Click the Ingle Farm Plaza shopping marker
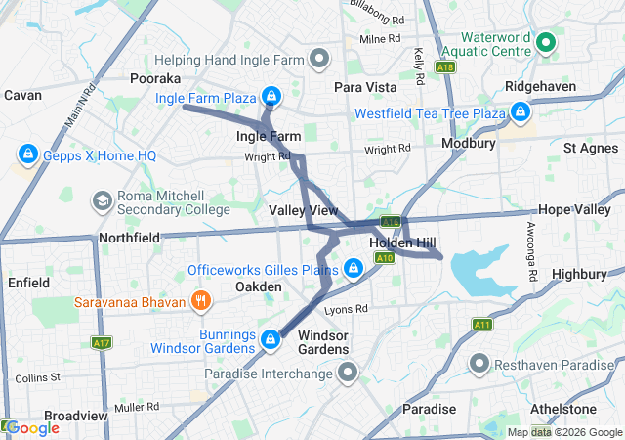coord(272,97)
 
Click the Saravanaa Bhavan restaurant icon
coord(199,300)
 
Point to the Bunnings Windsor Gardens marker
coord(270,340)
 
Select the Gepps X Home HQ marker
coord(27,155)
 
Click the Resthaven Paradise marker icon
coord(479,365)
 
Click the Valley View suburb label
coord(303,211)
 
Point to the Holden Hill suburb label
coord(401,242)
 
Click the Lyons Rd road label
coord(346,309)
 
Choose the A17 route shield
coord(101,343)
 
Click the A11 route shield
coord(481,324)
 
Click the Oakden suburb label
coord(259,286)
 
